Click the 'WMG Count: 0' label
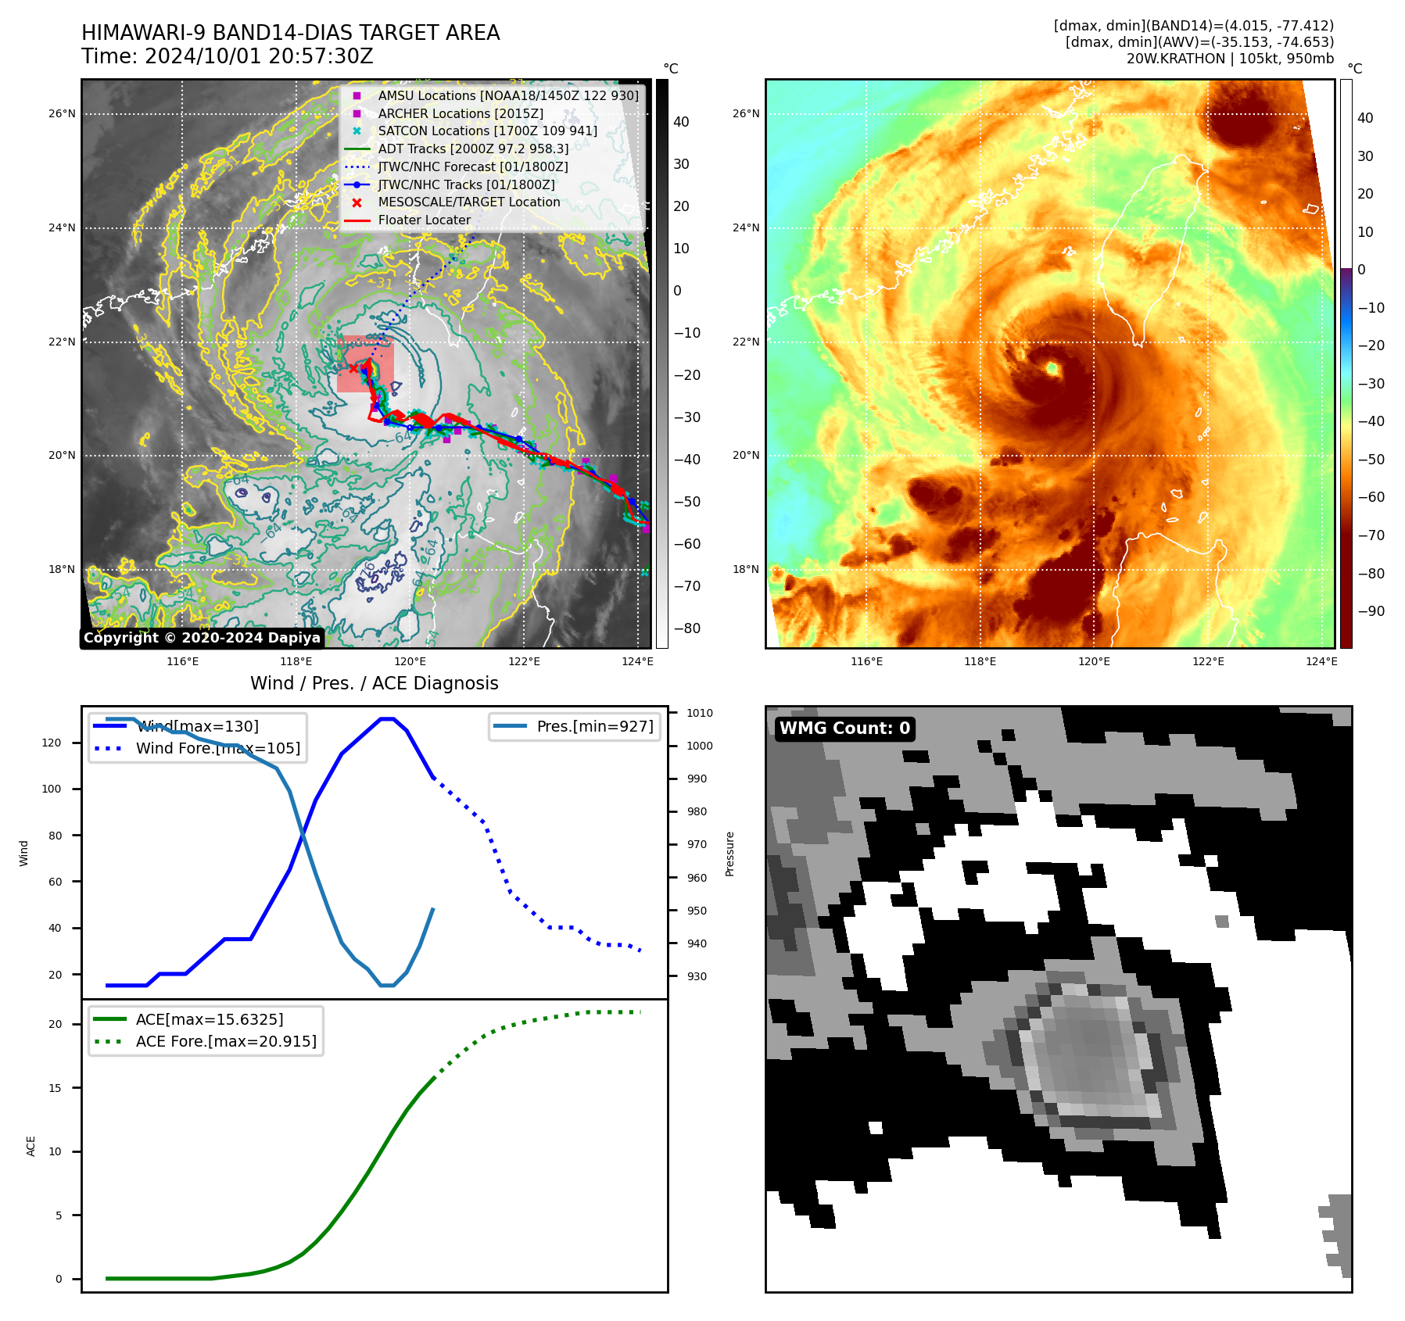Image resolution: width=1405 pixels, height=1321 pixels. [x=844, y=728]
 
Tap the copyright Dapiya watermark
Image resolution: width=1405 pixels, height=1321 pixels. [x=202, y=638]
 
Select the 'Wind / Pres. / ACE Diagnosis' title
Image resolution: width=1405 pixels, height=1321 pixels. [x=374, y=683]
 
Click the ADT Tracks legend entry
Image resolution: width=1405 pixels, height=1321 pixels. [x=473, y=149]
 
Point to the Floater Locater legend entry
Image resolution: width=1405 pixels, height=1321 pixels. [x=424, y=220]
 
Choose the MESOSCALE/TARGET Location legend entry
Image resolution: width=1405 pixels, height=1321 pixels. [x=468, y=202]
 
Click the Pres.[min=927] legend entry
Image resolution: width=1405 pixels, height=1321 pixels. [x=594, y=726]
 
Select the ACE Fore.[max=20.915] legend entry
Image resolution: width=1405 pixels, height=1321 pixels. [x=226, y=1041]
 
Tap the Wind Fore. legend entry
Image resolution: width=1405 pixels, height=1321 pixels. [x=217, y=748]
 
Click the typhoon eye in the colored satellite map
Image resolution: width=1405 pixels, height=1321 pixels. [x=1052, y=367]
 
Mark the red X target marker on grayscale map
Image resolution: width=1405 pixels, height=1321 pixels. [x=353, y=368]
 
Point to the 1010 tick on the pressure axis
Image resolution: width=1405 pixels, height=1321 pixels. [x=699, y=713]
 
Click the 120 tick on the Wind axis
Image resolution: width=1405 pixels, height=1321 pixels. [x=52, y=743]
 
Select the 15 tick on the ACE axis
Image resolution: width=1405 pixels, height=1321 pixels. [x=55, y=1088]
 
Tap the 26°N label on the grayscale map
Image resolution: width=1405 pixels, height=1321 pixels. [x=62, y=114]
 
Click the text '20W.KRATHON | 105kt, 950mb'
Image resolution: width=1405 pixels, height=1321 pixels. [x=1230, y=59]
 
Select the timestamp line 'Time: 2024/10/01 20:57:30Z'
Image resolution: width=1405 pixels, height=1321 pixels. [x=227, y=56]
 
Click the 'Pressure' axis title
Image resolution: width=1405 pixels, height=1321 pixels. [x=729, y=854]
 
